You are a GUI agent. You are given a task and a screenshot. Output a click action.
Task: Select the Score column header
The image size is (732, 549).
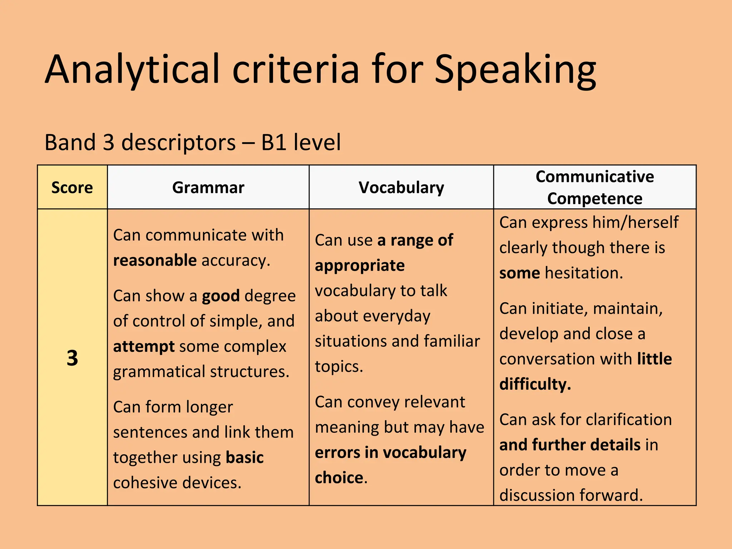(x=72, y=188)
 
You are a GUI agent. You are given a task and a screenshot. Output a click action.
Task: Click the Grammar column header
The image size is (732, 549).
(x=208, y=188)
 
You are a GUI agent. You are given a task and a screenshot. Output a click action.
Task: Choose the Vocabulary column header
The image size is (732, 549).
(x=401, y=188)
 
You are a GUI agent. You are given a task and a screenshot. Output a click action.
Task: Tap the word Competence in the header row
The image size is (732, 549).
(x=595, y=198)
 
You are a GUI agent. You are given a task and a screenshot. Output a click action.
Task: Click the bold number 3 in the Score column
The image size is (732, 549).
(x=72, y=358)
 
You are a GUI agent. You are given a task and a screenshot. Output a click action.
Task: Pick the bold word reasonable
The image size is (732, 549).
(x=155, y=260)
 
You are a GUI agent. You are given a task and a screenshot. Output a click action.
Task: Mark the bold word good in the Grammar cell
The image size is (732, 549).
(x=221, y=296)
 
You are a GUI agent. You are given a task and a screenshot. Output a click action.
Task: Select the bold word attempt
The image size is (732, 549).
(x=144, y=347)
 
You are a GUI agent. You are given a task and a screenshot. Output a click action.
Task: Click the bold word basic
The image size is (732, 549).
(x=244, y=457)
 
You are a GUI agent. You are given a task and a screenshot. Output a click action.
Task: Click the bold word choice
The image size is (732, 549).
(x=339, y=478)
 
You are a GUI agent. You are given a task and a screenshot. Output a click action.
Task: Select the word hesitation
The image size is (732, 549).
(x=584, y=273)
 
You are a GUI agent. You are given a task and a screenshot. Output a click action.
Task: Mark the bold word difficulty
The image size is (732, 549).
(x=535, y=384)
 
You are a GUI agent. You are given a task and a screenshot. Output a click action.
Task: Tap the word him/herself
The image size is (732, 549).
(x=635, y=222)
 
